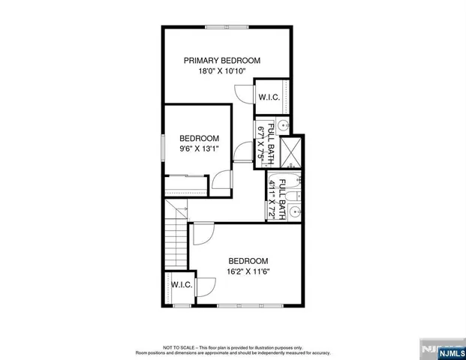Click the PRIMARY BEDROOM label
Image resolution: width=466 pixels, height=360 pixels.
click(x=223, y=60)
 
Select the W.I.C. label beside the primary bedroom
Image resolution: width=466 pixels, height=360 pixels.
click(x=269, y=97)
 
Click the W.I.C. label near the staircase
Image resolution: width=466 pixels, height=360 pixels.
click(x=182, y=285)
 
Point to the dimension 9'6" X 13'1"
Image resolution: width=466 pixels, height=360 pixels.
click(x=199, y=148)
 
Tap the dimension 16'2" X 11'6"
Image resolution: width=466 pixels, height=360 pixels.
click(x=248, y=271)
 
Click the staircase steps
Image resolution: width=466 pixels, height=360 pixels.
click(x=176, y=235)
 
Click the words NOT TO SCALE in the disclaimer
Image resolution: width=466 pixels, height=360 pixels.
click(x=185, y=348)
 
